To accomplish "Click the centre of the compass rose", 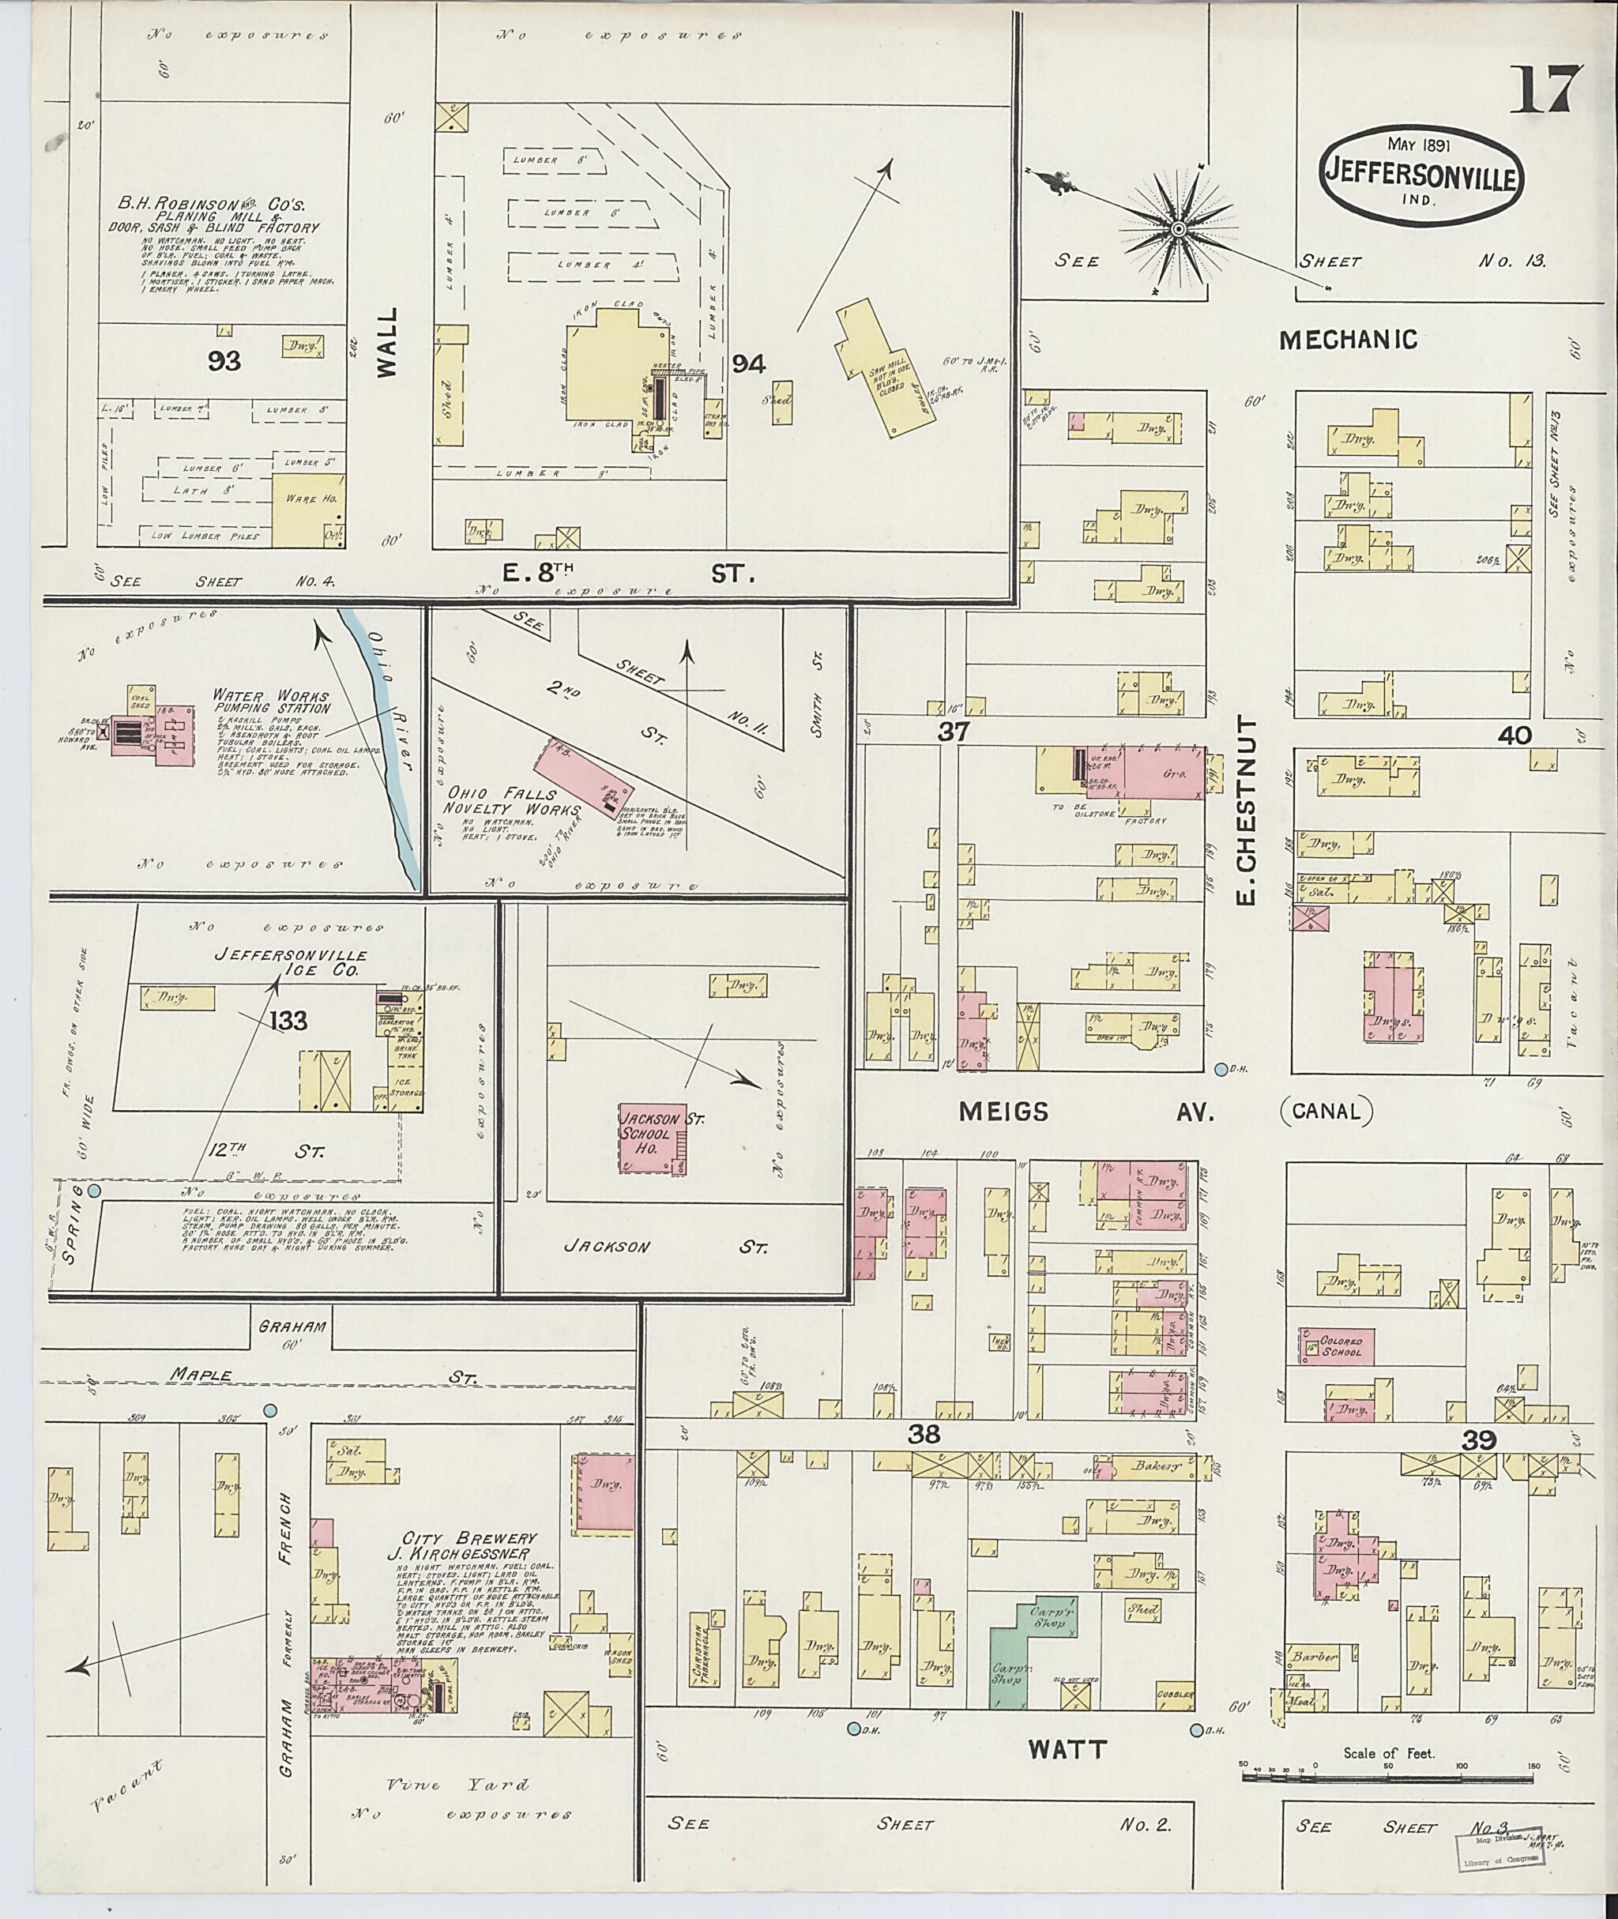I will pyautogui.click(x=1179, y=228).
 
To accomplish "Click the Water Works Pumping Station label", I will pyautogui.click(x=270, y=702).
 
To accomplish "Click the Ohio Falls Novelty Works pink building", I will pyautogui.click(x=582, y=777).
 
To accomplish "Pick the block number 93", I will pyautogui.click(x=223, y=361).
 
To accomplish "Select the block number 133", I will pyautogui.click(x=288, y=1020).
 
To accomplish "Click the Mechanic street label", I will pyautogui.click(x=1348, y=341).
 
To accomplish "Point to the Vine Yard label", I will pyautogui.click(x=457, y=1784).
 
